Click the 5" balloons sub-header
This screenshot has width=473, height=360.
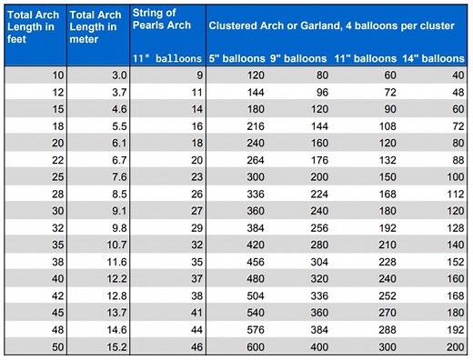pyautogui.click(x=238, y=59)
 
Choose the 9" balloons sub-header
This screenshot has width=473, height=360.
pyautogui.click(x=299, y=59)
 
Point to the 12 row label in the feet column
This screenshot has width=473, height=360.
pyautogui.click(x=54, y=93)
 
